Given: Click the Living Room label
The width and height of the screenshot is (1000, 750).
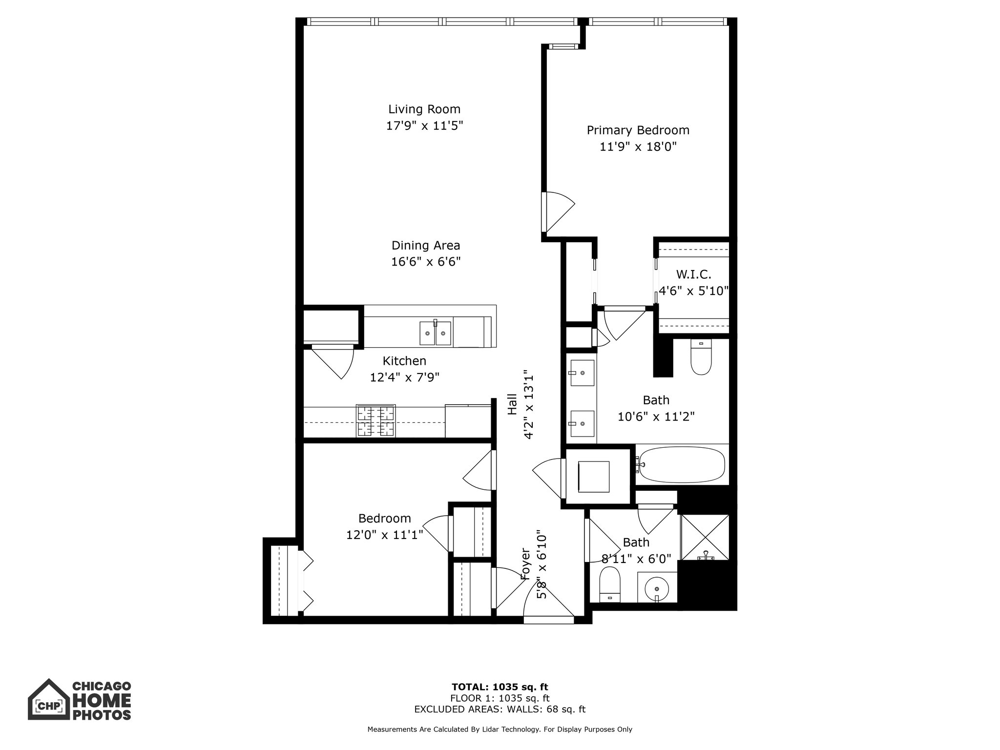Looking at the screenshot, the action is pos(424,109).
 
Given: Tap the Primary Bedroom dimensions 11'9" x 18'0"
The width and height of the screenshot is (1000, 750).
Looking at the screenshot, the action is pos(638,146).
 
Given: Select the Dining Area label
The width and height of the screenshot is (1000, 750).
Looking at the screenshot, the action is pos(426,245).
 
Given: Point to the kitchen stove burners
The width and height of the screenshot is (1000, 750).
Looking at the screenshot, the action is pos(375,421).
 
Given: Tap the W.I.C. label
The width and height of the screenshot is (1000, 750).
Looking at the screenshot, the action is pos(693,274).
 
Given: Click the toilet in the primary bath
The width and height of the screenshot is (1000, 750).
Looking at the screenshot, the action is pos(701,357).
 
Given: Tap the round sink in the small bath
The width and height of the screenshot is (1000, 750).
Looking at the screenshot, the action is pos(657,587).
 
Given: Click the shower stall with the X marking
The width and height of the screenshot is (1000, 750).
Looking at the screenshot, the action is pos(705,537).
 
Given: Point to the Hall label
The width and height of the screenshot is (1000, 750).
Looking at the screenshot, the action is pos(512,404).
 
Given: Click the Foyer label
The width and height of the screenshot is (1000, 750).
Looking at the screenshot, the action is pos(525,563).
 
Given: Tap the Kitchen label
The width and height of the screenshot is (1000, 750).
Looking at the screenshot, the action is pos(404,361).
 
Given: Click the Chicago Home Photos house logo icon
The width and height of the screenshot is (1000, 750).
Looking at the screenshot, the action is pos(48,699).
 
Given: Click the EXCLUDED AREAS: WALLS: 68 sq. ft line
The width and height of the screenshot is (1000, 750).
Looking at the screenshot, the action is pos(500,709).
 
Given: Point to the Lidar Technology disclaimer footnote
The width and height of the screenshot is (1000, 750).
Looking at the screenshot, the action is pos(500,729).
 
